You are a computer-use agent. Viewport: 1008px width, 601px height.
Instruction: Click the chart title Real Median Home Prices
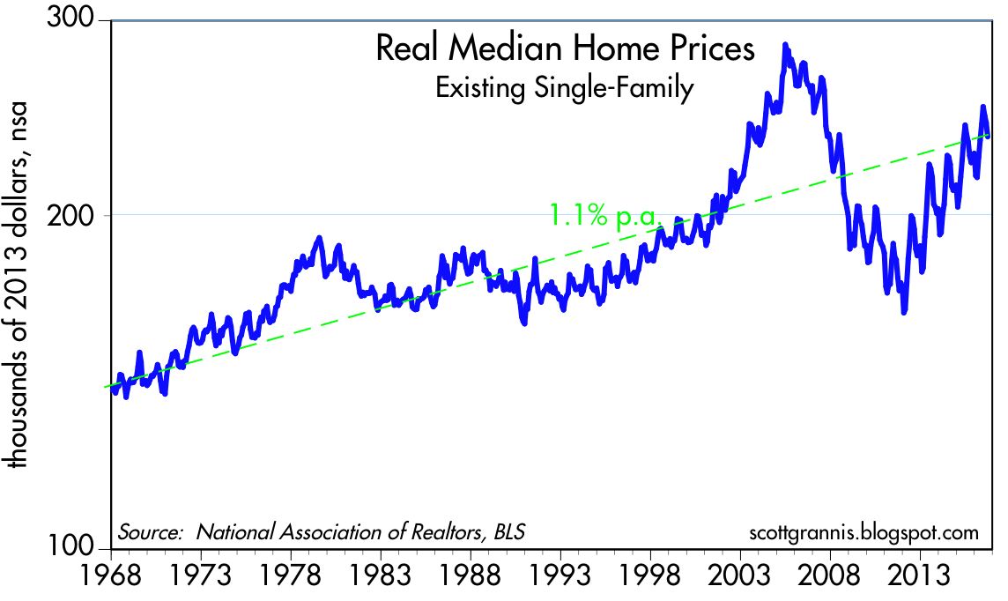pyautogui.click(x=565, y=49)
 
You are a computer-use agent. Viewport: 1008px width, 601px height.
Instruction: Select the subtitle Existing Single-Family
pyautogui.click(x=565, y=88)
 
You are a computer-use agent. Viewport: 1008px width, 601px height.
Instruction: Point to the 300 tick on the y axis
pyautogui.click(x=85, y=20)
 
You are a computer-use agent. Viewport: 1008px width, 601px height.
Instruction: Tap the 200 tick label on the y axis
pyautogui.click(x=85, y=215)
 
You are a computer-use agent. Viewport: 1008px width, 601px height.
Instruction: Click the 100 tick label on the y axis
pyautogui.click(x=85, y=549)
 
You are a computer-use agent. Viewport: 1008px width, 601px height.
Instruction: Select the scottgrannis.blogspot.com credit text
pyautogui.click(x=863, y=533)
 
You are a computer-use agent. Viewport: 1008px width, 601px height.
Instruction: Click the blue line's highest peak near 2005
pyautogui.click(x=785, y=46)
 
